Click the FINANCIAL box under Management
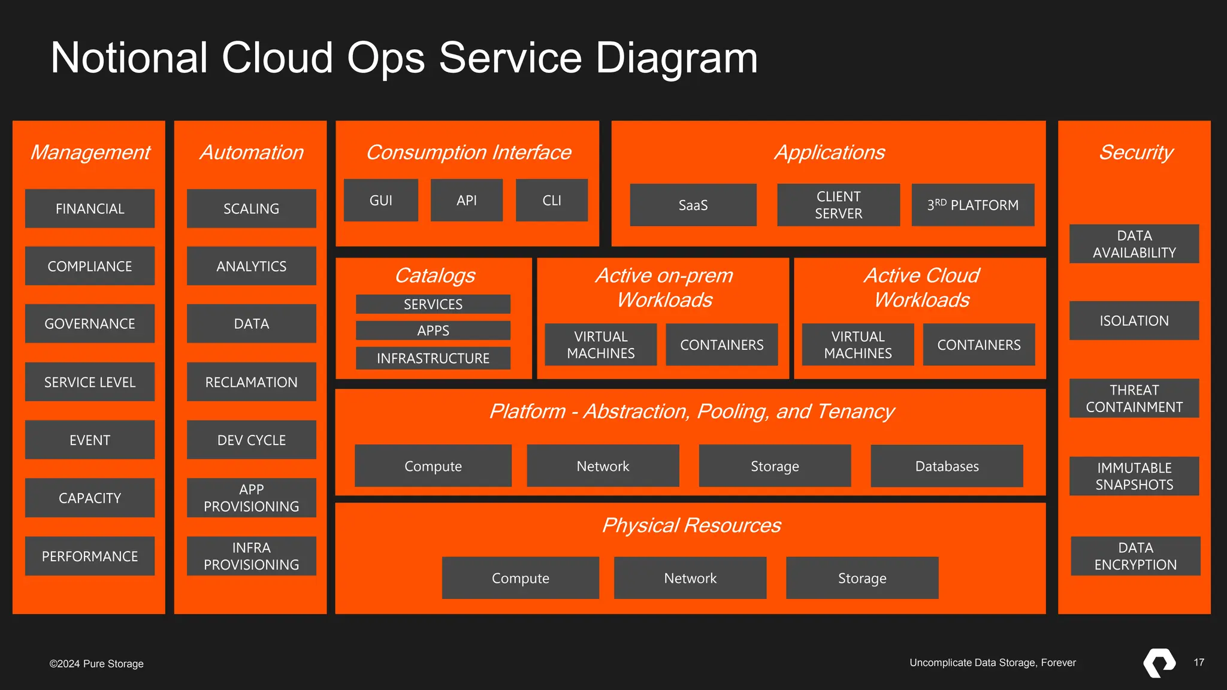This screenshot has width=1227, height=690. [90, 208]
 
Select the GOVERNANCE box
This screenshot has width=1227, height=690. [90, 323]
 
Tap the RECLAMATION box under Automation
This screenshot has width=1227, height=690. [251, 382]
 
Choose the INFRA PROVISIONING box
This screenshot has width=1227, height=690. [251, 556]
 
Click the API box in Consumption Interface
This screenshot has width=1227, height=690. [466, 200]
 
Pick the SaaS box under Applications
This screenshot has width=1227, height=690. [693, 205]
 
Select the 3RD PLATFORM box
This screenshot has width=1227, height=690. [972, 205]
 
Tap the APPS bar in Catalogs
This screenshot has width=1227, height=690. [433, 330]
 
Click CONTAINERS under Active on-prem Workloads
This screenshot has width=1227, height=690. [721, 344]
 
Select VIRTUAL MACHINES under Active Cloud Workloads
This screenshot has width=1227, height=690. [857, 344]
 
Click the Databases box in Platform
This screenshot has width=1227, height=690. [947, 466]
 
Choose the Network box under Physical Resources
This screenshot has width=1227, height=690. [690, 578]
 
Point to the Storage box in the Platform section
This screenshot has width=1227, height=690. [775, 466]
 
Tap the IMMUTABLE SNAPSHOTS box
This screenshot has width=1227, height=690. [1134, 476]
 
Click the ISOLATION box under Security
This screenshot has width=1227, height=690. [1134, 320]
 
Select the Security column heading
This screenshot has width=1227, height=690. [1135, 152]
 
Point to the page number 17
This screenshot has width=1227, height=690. [1198, 662]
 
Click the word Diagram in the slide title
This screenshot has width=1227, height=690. [676, 58]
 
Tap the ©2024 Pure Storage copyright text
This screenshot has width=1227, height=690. [96, 664]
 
